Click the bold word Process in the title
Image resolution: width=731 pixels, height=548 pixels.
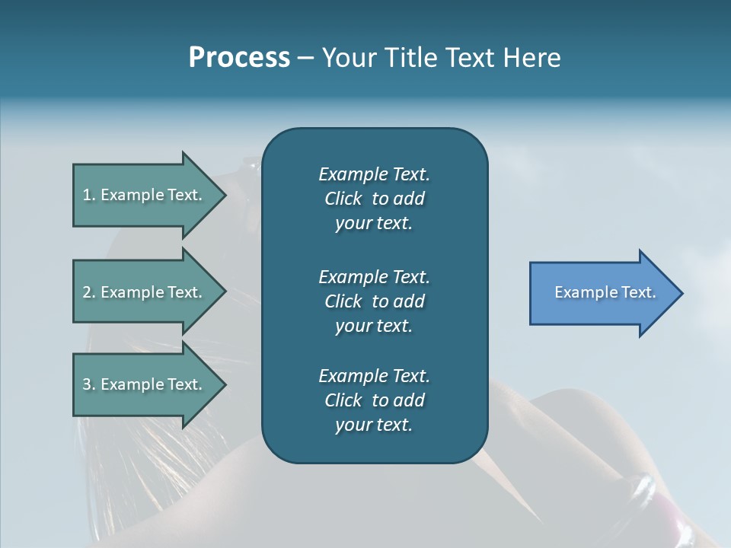click(x=239, y=58)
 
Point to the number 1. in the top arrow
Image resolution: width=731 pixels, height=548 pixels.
click(x=89, y=195)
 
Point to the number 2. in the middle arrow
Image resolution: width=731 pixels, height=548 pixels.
click(x=89, y=292)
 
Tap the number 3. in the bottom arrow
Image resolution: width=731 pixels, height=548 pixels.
click(x=89, y=384)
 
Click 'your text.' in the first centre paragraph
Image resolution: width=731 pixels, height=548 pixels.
click(x=374, y=224)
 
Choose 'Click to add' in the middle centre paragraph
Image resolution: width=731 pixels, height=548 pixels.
click(x=374, y=301)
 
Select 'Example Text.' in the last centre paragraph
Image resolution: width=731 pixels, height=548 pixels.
click(x=374, y=376)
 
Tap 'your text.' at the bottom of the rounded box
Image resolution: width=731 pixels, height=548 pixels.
click(x=374, y=425)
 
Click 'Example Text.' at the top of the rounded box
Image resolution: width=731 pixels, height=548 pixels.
click(x=374, y=174)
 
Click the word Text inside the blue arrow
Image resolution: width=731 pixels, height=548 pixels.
click(x=639, y=292)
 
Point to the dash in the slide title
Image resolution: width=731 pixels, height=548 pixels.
click(x=305, y=59)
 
